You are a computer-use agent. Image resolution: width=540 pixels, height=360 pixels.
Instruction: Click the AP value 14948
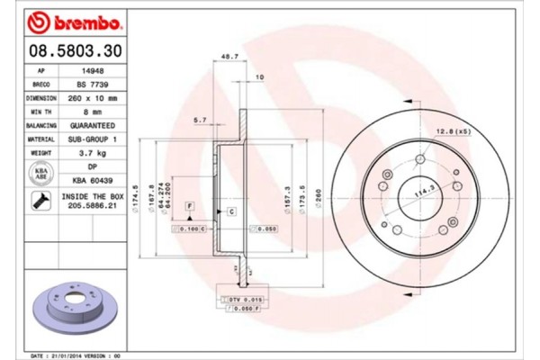click(91, 69)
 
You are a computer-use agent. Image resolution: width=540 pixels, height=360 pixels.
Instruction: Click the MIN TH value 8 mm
click(91, 112)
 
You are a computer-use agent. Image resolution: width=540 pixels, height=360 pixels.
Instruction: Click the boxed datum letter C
click(231, 211)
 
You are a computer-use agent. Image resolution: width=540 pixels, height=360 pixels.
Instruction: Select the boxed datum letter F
click(190, 207)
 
